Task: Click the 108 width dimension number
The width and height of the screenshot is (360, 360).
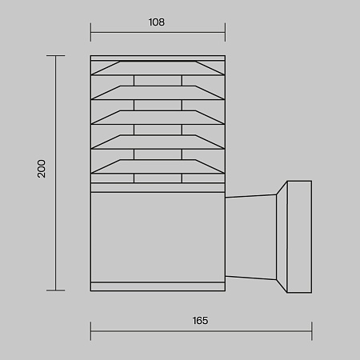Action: pyautogui.click(x=157, y=22)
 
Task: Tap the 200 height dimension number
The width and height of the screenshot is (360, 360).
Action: pyautogui.click(x=42, y=169)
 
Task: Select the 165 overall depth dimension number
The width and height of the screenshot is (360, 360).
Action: pyautogui.click(x=200, y=321)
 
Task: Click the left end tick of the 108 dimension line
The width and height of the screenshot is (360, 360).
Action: pyautogui.click(x=90, y=32)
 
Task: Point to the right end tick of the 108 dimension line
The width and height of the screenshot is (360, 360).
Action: pyautogui.click(x=225, y=32)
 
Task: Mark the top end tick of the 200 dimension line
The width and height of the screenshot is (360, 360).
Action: pyautogui.click(x=56, y=55)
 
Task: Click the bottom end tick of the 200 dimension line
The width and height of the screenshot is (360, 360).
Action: pyautogui.click(x=56, y=290)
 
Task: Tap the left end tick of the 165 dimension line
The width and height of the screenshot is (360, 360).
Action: pyautogui.click(x=90, y=331)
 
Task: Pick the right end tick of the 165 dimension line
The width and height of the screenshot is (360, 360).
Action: pyautogui.click(x=312, y=331)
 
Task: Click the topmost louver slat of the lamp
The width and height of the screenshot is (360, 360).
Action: pyautogui.click(x=158, y=68)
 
